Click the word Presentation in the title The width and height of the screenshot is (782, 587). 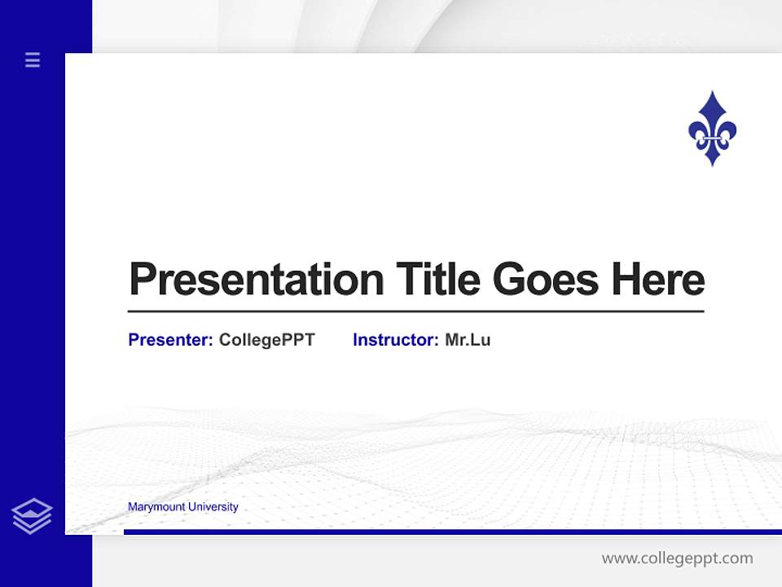click(257, 280)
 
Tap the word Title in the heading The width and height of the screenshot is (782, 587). click(437, 280)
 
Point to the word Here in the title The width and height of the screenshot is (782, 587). click(658, 280)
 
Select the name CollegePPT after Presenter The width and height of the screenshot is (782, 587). click(266, 340)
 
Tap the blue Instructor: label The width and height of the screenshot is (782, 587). click(396, 340)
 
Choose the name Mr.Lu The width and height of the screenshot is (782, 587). click(468, 340)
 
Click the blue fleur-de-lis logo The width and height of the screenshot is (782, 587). click(712, 129)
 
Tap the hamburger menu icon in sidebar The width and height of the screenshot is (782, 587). click(33, 60)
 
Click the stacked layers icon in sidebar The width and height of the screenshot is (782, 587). click(32, 516)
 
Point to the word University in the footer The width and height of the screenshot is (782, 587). click(213, 507)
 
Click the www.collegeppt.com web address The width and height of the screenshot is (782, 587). click(677, 558)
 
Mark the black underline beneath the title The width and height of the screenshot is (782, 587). click(415, 311)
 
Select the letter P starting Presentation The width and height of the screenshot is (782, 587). click(142, 280)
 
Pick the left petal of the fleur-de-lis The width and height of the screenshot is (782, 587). click(697, 130)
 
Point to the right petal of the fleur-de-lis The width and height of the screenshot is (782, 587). click(727, 130)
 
